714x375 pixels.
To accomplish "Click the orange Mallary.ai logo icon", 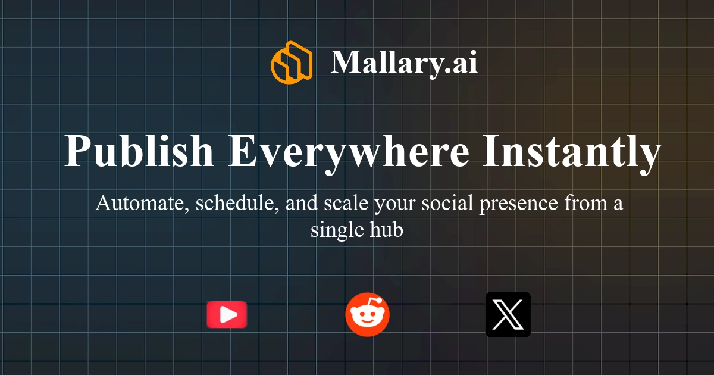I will [292, 62].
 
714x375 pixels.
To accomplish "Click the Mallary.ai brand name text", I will [404, 62].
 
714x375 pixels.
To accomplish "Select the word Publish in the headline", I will [139, 152].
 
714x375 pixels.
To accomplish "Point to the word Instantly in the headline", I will [571, 152].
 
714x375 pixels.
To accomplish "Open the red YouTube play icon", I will [227, 315].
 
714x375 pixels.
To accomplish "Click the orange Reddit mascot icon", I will [367, 315].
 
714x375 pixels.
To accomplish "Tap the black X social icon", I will [508, 315].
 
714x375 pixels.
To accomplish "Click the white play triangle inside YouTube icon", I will [228, 315].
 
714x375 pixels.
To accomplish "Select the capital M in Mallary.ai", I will [345, 62].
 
